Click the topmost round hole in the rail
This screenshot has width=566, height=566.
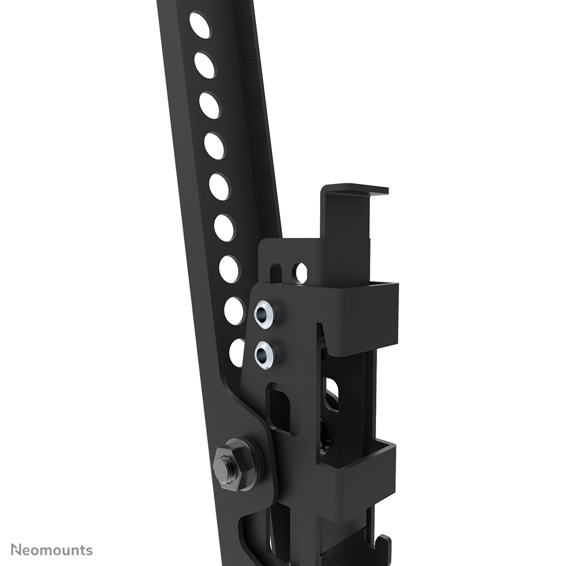pos(200,25)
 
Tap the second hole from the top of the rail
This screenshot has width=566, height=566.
pos(205,65)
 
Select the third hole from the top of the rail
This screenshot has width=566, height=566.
pos(209,105)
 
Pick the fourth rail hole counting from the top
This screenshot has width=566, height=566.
pos(214,146)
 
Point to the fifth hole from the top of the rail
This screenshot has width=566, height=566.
pos(219,187)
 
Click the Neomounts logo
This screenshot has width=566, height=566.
pos(52,550)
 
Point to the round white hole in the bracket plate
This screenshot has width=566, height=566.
pos(301,273)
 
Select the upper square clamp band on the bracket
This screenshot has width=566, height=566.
pos(361,319)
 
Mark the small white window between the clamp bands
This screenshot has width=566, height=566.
pos(331,389)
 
